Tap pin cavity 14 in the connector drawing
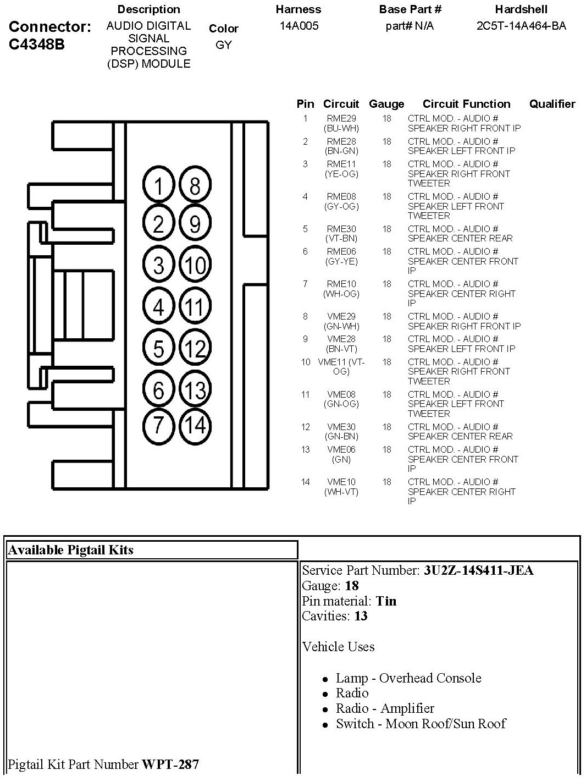195,425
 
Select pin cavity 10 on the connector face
195,266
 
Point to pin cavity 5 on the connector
159,348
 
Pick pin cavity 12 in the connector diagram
195,348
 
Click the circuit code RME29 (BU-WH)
341,123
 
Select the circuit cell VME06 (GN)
341,454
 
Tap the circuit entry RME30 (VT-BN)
341,234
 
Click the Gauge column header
386,104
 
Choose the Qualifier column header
552,104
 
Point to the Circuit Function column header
466,104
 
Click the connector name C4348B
36,45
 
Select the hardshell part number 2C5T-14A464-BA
521,26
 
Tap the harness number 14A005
298,26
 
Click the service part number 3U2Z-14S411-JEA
478,570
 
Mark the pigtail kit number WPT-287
170,764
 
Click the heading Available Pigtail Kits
71,550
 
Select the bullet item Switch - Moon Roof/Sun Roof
421,724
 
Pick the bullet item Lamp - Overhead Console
408,678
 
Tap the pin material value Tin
386,601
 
